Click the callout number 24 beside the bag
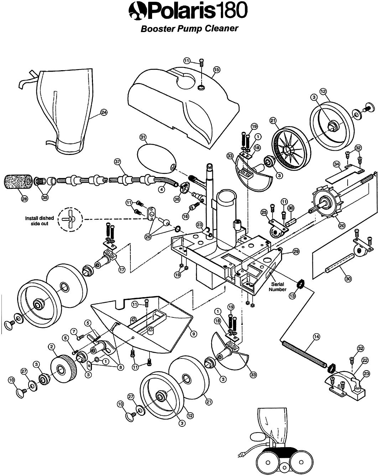104,112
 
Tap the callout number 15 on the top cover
217,70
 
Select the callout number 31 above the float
143,137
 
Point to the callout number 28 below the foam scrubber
25,199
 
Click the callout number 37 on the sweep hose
118,162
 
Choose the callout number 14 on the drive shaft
317,337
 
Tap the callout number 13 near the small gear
292,296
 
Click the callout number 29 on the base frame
296,251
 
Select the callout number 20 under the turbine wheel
342,226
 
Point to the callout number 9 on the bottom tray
193,333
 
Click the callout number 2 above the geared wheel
52,346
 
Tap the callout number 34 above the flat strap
337,164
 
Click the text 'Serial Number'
277,287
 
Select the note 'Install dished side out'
40,221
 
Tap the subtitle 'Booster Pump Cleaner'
189,29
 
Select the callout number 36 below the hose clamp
177,199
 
